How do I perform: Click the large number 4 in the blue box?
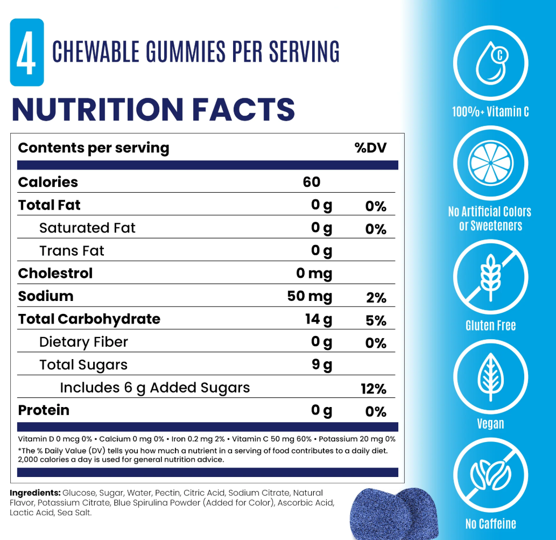25,52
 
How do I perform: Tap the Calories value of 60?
312,182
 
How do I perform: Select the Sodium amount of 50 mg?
309,296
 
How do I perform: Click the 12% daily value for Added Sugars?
374,389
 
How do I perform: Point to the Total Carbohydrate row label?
89,319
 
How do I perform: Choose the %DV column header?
370,148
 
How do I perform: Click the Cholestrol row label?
55,273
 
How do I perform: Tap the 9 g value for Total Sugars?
322,365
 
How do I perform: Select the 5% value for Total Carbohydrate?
376,320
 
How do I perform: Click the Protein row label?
44,410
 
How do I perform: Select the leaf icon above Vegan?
490,377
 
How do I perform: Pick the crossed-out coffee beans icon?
490,476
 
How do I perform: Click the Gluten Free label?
490,326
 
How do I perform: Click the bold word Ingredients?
34,493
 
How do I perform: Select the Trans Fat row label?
72,250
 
